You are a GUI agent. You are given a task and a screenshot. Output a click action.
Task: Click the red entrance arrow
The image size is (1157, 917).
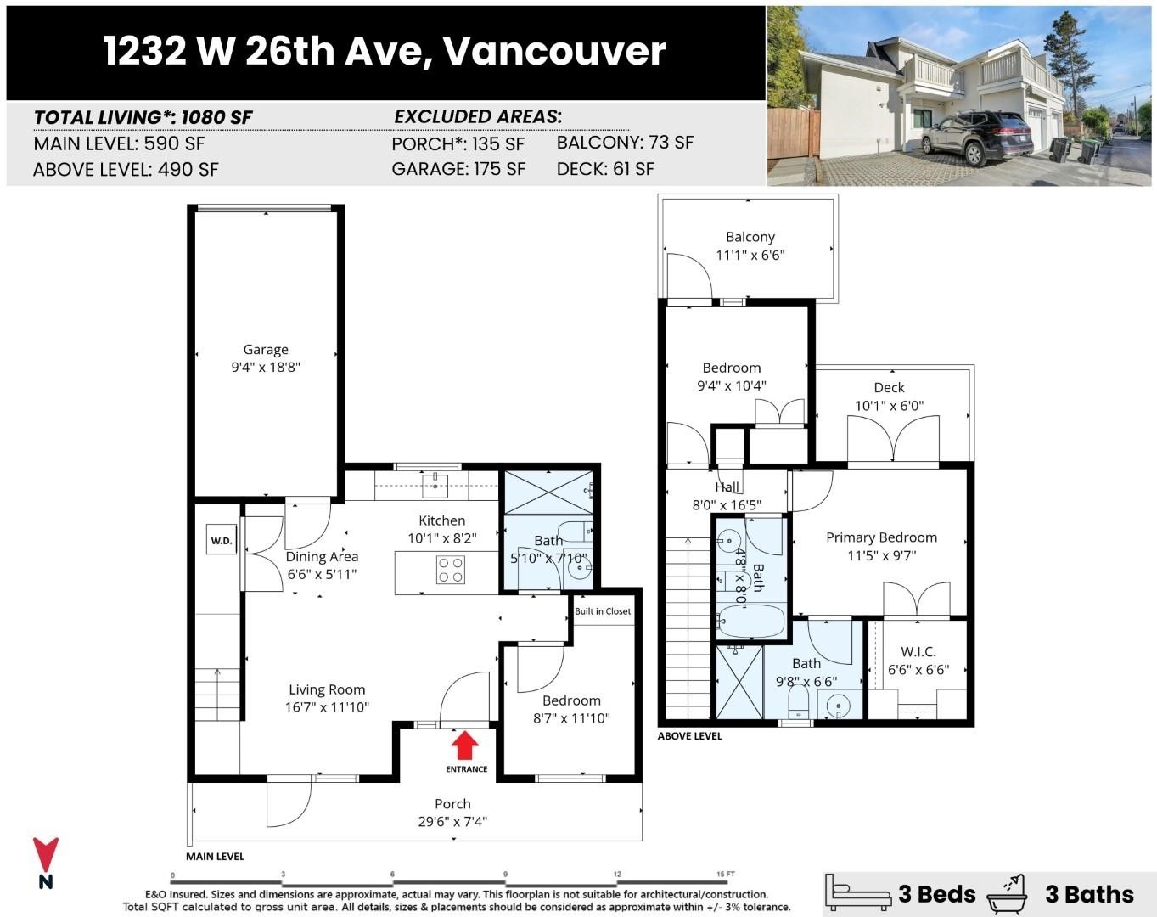pos(463,746)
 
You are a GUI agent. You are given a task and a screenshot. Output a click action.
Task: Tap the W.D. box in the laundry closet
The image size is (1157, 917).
pos(222,541)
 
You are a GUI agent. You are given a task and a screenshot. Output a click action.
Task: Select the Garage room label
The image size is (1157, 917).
pos(266,349)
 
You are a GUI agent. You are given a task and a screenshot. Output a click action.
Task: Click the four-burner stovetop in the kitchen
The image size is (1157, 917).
pos(450,570)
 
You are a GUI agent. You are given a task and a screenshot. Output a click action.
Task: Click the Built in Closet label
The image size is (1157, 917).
pos(603,611)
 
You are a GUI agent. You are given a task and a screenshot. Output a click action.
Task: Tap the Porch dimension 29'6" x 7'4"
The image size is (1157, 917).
pos(452,821)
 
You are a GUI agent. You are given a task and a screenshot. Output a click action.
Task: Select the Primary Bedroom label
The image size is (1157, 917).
pos(881,537)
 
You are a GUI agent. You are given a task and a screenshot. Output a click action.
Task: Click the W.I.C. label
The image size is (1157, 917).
pos(918,651)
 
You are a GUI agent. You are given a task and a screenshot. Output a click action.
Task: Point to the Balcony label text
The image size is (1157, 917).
pos(750,237)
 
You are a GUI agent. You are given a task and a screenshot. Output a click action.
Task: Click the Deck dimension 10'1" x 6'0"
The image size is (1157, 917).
pos(889,406)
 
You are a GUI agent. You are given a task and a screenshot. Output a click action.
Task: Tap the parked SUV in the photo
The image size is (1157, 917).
pos(976,136)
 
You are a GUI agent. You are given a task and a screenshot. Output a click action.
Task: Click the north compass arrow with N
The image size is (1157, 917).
pos(46,862)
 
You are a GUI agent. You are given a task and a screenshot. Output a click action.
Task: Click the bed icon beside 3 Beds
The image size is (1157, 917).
pos(860,893)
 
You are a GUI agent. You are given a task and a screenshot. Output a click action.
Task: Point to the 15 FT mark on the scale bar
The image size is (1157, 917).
pos(725,874)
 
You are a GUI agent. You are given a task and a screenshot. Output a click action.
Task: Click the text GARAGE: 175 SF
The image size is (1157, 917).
pos(458,169)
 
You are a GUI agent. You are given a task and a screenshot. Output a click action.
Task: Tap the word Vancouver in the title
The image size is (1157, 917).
pos(553,51)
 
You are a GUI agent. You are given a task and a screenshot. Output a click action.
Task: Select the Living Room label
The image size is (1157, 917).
pos(327,689)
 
